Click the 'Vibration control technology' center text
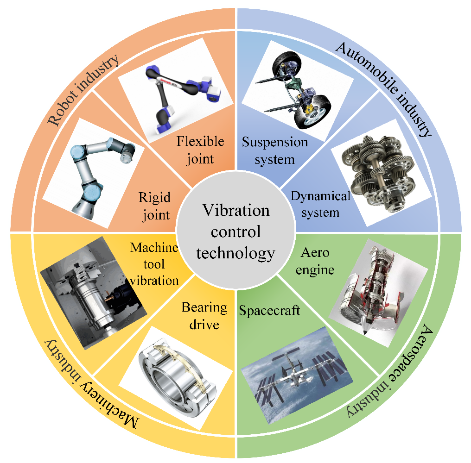[236, 231]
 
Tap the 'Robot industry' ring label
[83, 90]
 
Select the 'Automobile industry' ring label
[384, 89]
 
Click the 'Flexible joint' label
[200, 150]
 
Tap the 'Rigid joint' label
[155, 206]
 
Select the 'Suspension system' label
[275, 150]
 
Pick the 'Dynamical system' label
[320, 204]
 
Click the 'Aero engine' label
[315, 261]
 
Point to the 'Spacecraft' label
[269, 310]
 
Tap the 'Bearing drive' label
[204, 316]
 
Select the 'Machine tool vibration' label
[154, 264]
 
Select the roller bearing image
[177, 378]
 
